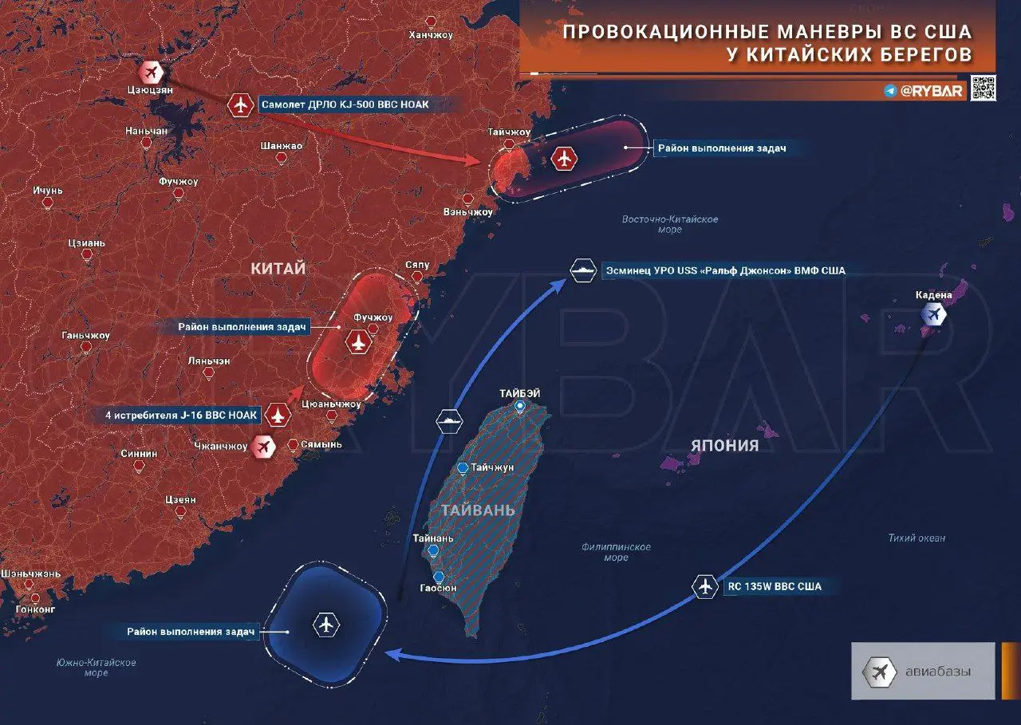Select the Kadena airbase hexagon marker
click(x=932, y=314)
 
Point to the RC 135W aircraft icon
click(x=704, y=586)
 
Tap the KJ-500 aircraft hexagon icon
click(x=240, y=104)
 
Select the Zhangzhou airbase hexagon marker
click(x=262, y=447)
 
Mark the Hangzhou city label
click(x=430, y=35)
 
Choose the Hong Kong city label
click(x=35, y=609)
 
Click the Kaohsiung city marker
click(x=438, y=577)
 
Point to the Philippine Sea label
click(x=616, y=552)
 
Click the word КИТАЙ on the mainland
click(x=278, y=270)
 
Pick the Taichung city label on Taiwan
click(x=491, y=467)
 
